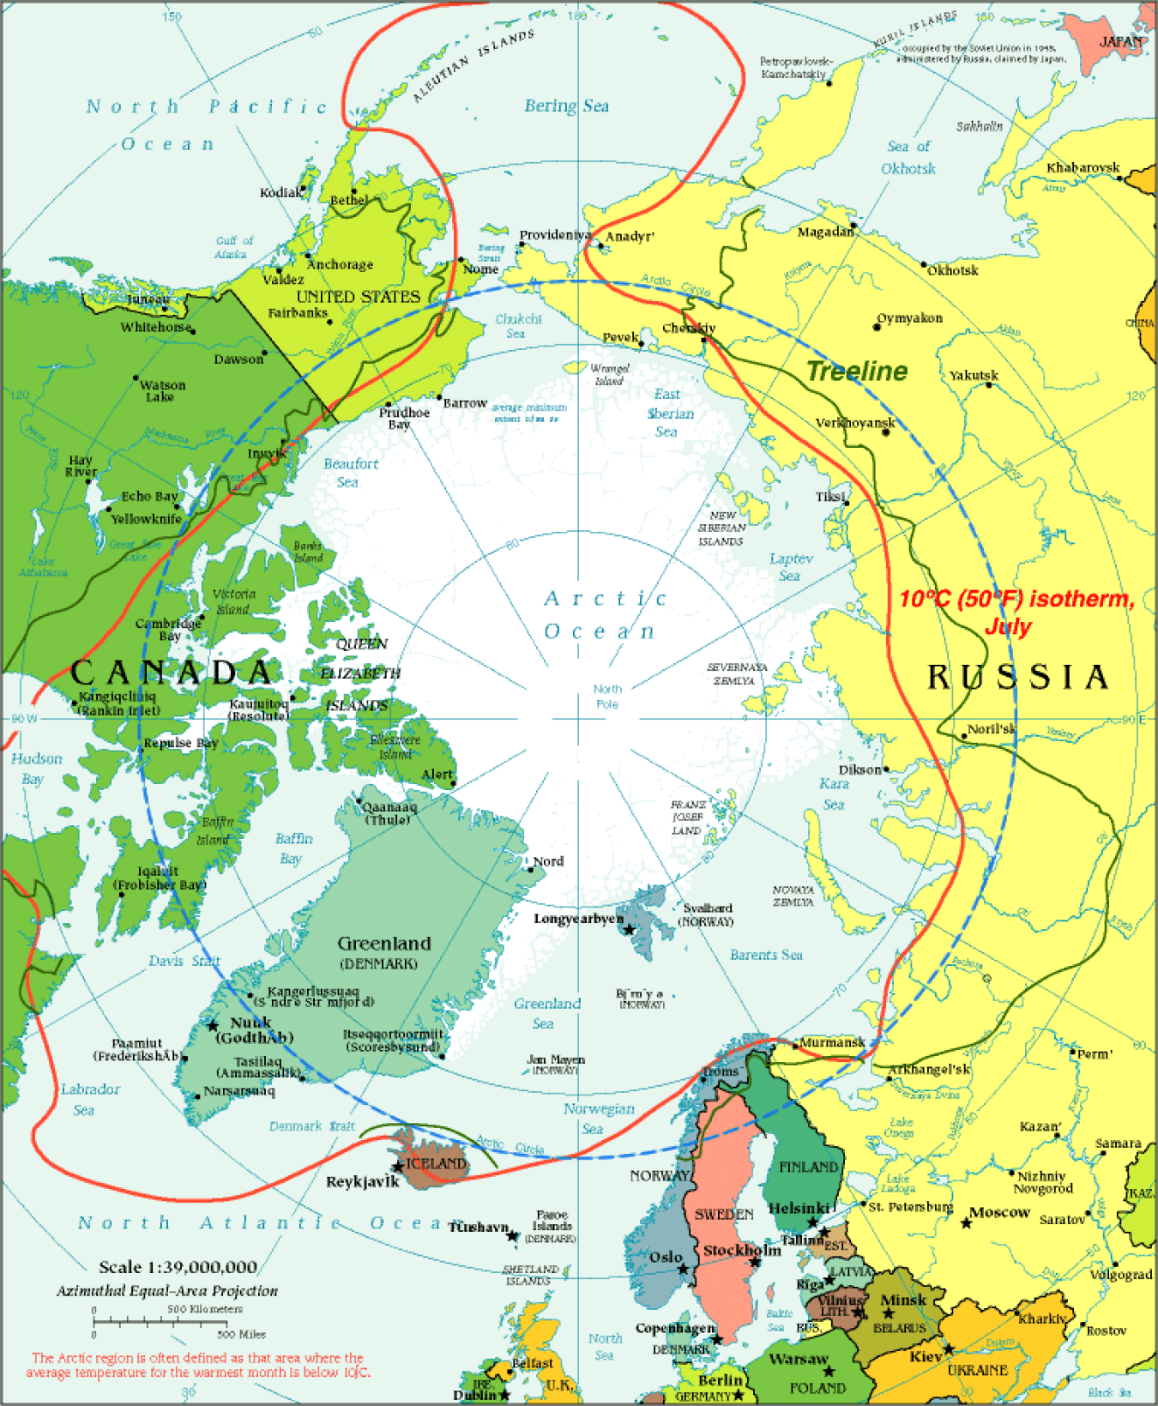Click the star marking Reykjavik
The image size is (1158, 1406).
click(398, 1167)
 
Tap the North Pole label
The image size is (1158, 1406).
click(607, 697)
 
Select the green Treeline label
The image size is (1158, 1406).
click(857, 371)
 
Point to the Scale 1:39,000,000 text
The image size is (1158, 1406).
click(178, 1267)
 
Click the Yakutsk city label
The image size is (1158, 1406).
click(974, 376)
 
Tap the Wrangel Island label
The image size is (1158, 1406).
click(610, 374)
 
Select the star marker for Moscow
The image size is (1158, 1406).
click(967, 1222)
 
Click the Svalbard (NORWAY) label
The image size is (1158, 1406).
click(707, 914)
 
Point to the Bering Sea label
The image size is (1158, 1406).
click(566, 106)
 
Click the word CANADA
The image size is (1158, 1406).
click(172, 672)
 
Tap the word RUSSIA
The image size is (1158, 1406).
click(1018, 677)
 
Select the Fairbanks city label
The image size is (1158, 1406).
click(297, 313)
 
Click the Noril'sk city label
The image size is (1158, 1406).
click(991, 729)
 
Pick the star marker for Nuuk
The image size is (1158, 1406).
click(213, 1025)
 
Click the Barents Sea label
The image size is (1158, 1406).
click(766, 955)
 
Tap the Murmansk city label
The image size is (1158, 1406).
click(831, 1042)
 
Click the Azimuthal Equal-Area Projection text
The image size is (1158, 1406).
click(167, 1291)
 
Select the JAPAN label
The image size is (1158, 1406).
click(1121, 41)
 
